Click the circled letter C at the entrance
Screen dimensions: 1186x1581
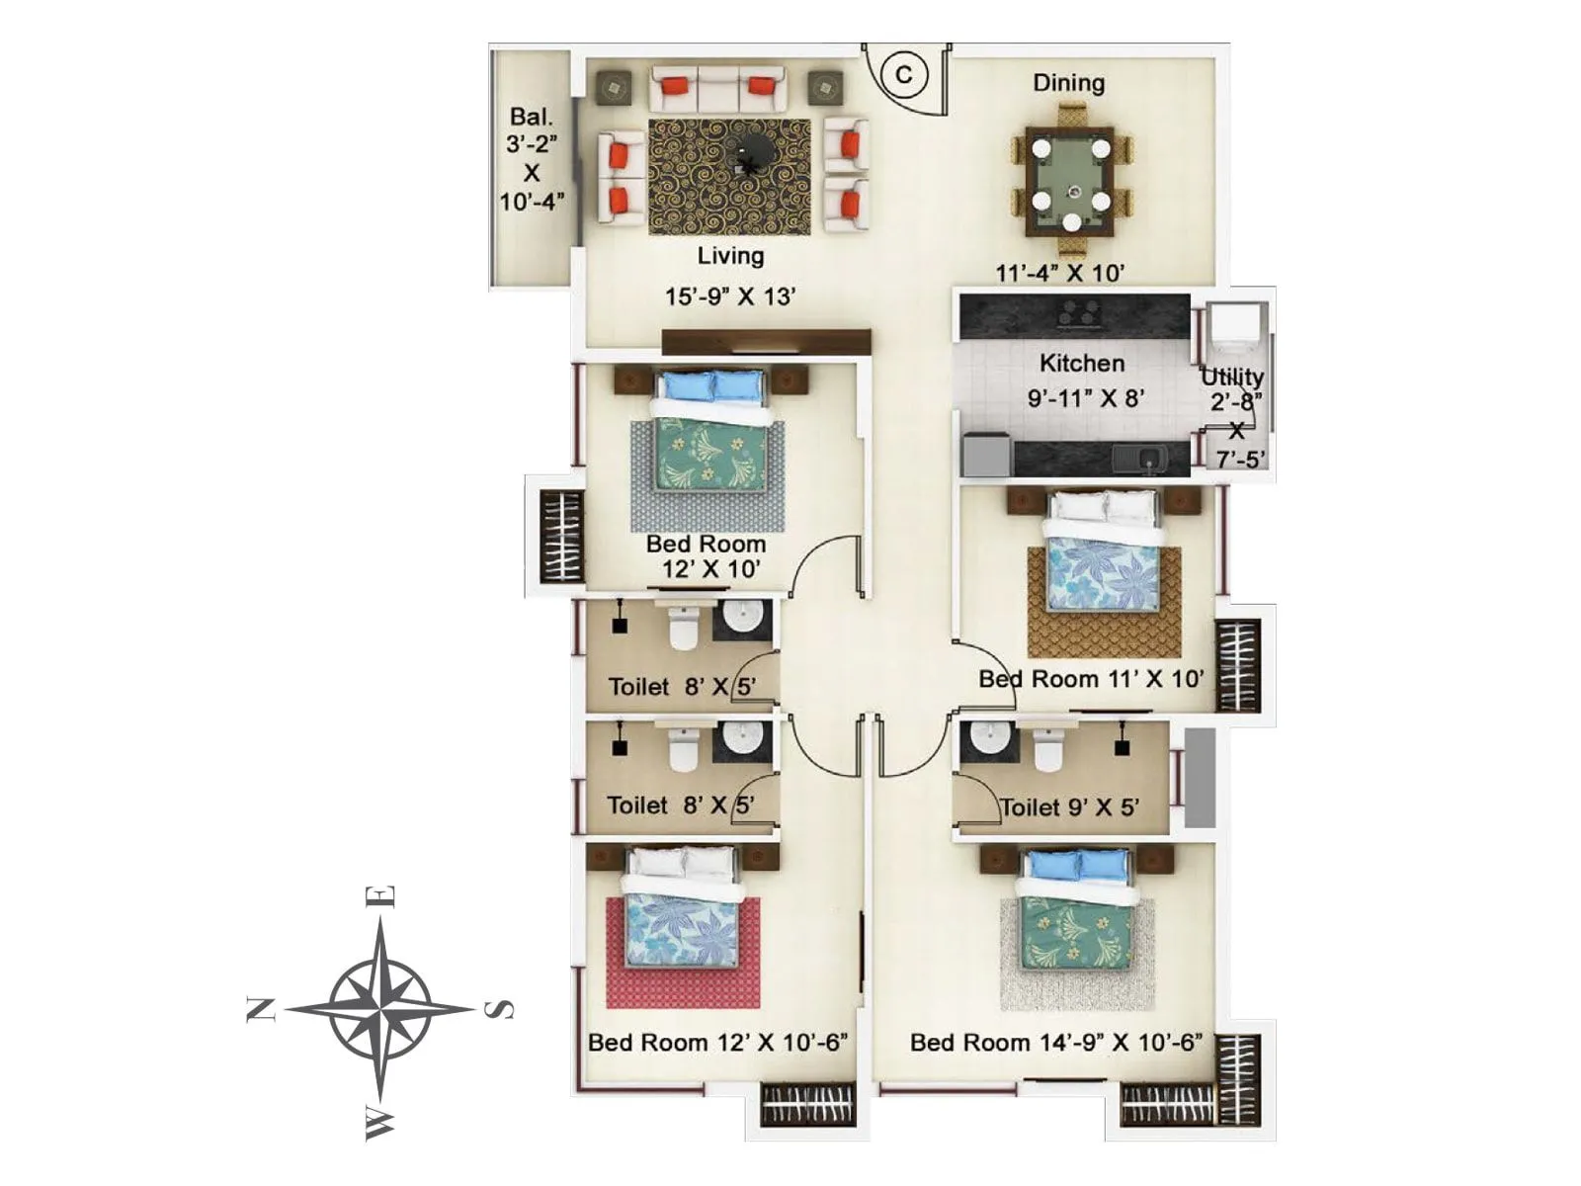point(903,75)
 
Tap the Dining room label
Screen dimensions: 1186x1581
point(1068,83)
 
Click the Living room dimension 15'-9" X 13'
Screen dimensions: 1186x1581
point(729,296)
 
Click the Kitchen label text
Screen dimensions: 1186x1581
point(1081,363)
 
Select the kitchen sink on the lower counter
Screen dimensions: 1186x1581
point(1151,458)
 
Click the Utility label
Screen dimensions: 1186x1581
point(1232,377)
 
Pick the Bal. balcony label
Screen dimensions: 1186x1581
point(532,117)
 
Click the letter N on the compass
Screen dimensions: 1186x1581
point(261,1009)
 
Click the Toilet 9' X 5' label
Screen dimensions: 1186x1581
point(1069,807)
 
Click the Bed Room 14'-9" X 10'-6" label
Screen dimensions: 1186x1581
point(1055,1042)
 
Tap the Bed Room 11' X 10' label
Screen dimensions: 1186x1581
point(1091,679)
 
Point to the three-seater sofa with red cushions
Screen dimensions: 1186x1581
point(717,89)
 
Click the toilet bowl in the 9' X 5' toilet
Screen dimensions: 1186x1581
point(1047,750)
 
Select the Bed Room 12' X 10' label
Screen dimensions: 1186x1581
point(707,556)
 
